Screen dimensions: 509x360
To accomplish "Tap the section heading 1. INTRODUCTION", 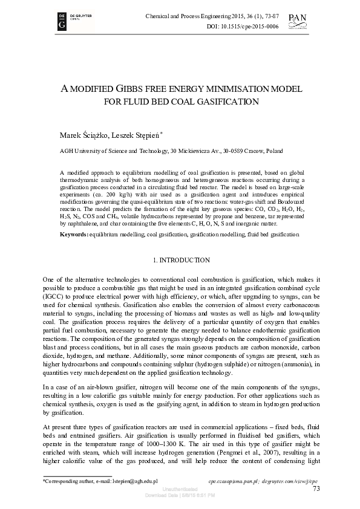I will point(180,260).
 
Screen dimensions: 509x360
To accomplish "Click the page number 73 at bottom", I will point(316,489).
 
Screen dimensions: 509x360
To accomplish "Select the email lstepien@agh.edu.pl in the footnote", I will point(131,482).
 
